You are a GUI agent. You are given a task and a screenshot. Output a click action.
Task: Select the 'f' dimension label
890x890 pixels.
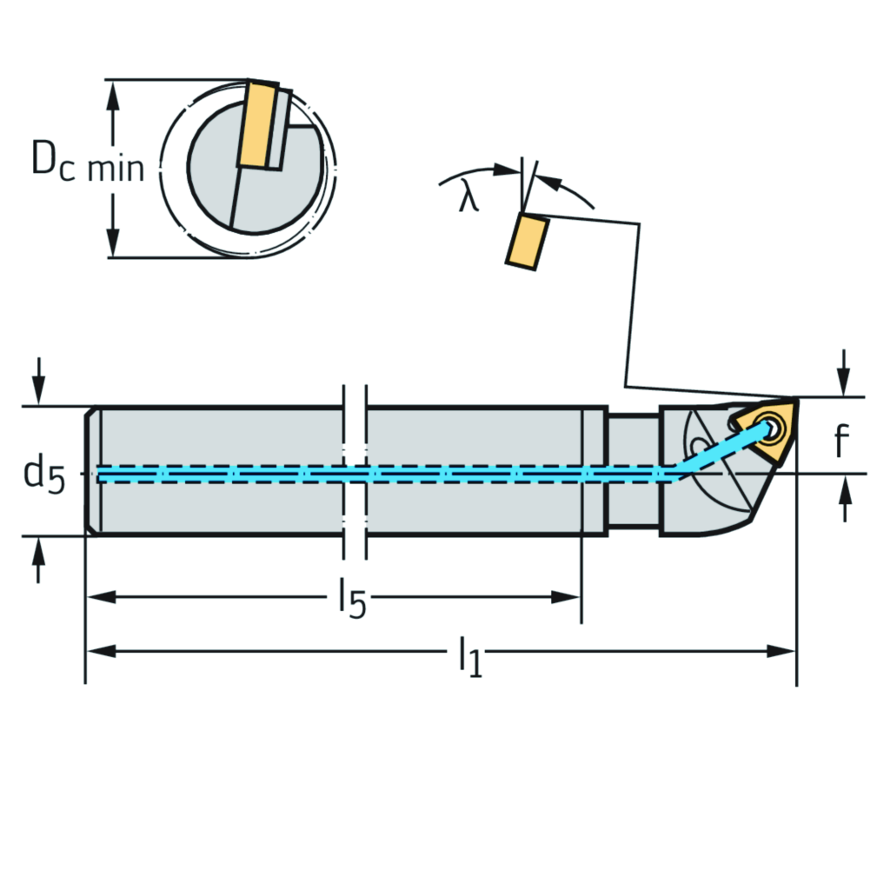pos(840,442)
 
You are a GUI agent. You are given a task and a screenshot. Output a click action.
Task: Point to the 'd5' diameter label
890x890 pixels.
pos(43,475)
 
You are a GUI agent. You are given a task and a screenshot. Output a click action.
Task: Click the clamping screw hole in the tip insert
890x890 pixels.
pos(769,428)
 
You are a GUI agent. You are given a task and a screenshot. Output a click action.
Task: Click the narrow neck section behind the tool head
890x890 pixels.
pos(633,470)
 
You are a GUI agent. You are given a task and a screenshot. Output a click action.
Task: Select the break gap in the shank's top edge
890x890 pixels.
pos(355,406)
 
